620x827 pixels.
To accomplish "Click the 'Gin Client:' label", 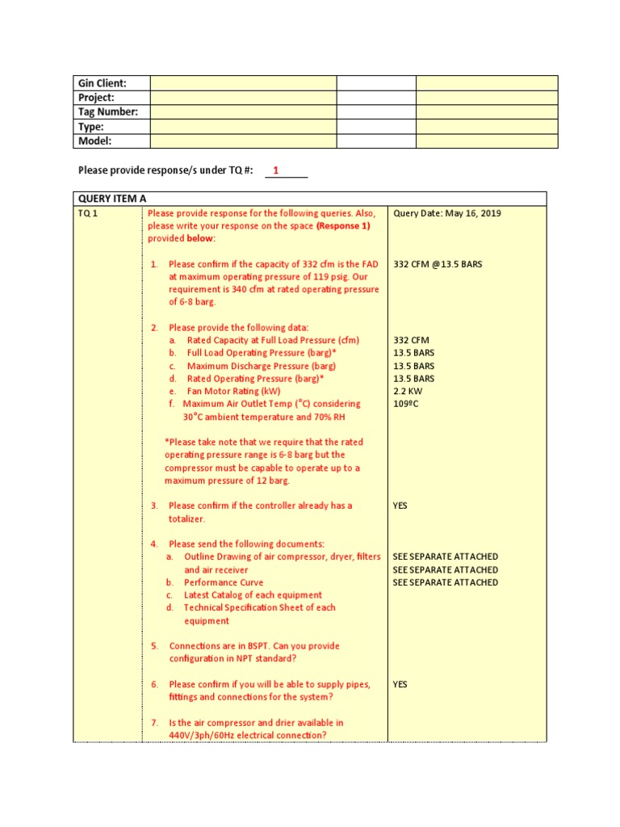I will tap(102, 83).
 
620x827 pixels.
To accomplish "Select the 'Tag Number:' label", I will tap(107, 112).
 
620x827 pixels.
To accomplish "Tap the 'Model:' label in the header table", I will tap(94, 141).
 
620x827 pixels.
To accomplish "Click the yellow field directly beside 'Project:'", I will tap(243, 98).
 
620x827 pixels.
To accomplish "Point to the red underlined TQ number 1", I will tap(276, 170).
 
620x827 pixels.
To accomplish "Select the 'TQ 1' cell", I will tap(88, 214).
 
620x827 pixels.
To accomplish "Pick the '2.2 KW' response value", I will tap(408, 391).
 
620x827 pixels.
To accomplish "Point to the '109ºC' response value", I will tap(406, 404).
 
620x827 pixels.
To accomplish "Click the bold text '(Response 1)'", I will tap(343, 227).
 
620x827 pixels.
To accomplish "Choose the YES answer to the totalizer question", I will tap(400, 506).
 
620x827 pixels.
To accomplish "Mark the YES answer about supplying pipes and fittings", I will tap(400, 684).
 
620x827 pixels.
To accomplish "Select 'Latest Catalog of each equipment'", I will tap(253, 595).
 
